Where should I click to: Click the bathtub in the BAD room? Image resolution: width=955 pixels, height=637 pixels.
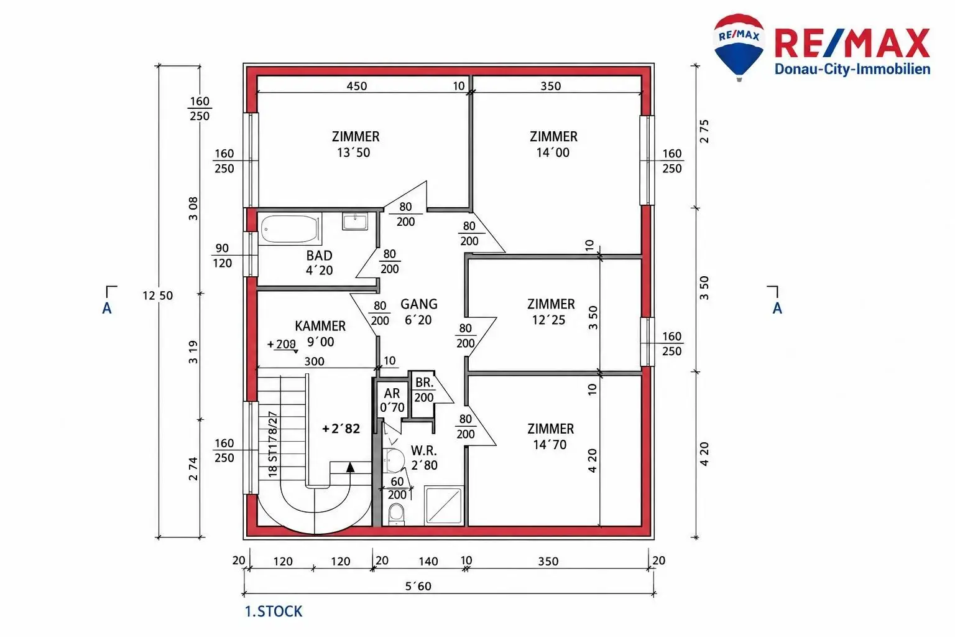click(x=290, y=229)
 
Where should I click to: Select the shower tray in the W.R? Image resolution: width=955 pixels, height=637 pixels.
click(x=444, y=506)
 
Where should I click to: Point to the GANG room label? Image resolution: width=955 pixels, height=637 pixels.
click(x=418, y=304)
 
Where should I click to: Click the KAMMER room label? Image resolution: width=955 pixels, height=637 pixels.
click(x=320, y=326)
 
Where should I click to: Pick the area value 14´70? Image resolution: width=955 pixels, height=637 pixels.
click(x=550, y=445)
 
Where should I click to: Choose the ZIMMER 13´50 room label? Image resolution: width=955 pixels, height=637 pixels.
click(x=355, y=144)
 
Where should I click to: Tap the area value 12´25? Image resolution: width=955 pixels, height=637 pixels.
click(x=549, y=320)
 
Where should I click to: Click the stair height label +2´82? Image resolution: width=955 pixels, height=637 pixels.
click(x=341, y=429)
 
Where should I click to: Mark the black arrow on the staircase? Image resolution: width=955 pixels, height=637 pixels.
click(x=351, y=468)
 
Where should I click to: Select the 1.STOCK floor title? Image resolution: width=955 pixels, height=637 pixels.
click(x=274, y=611)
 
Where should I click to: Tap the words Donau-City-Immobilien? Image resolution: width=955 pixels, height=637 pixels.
click(x=852, y=69)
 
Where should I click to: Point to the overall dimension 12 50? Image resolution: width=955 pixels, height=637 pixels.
click(x=158, y=295)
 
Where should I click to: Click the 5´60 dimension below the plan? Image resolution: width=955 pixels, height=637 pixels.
click(x=418, y=586)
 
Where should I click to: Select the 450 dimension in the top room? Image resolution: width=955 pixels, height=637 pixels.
click(x=356, y=86)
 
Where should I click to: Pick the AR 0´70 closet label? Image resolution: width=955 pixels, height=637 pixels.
click(x=392, y=400)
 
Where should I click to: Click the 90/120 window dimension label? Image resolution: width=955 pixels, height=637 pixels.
click(x=222, y=256)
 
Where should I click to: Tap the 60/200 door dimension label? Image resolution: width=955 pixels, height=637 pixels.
click(x=397, y=488)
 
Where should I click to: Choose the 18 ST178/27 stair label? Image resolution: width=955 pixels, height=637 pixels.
click(x=272, y=444)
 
